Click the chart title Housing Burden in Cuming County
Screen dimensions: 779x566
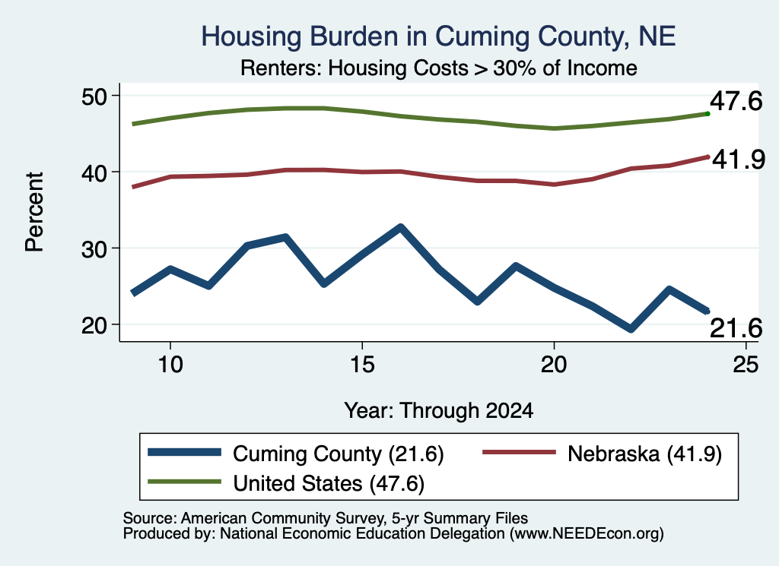click(438, 36)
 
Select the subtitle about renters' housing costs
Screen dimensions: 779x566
click(439, 68)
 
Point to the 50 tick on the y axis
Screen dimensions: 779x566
click(94, 96)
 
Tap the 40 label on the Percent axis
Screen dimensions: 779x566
click(94, 172)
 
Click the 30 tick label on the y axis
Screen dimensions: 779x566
click(94, 249)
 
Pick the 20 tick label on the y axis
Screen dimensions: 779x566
click(94, 325)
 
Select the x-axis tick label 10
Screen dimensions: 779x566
click(170, 365)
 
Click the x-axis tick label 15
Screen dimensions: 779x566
click(362, 365)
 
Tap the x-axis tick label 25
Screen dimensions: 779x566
click(746, 365)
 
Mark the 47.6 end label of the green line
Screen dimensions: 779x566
click(736, 101)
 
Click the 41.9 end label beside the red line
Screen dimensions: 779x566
click(739, 160)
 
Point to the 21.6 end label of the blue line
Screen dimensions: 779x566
click(736, 328)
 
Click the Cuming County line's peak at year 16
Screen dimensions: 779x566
click(400, 228)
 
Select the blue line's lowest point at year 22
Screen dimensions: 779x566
click(631, 328)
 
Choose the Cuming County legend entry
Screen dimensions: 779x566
click(296, 454)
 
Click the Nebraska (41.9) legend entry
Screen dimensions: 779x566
click(603, 454)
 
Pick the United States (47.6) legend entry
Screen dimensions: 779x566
click(286, 483)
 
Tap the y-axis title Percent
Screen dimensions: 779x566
click(35, 212)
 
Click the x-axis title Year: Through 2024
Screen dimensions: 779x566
click(439, 411)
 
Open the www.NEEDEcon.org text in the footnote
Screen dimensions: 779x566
click(586, 534)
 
